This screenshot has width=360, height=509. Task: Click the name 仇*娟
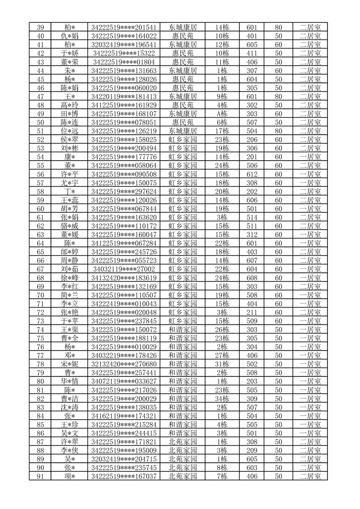coord(69,36)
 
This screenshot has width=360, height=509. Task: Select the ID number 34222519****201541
coord(124,27)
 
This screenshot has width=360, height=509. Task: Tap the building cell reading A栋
coord(222,113)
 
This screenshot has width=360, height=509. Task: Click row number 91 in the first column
coord(40,476)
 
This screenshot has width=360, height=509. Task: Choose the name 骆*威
coord(69,226)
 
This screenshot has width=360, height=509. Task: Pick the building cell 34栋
coord(222,399)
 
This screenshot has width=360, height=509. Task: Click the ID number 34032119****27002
coord(124,269)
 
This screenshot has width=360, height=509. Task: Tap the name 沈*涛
coord(69,407)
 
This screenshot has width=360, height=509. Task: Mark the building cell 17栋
coord(222,131)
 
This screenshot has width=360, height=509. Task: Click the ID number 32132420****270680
coord(124,364)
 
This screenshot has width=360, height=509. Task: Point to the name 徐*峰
coord(69,278)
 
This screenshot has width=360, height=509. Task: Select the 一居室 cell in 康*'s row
coord(310,157)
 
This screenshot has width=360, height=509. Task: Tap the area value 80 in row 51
coord(278,131)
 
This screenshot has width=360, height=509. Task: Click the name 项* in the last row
coord(69,476)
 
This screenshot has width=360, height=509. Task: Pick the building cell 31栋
coord(222,364)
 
